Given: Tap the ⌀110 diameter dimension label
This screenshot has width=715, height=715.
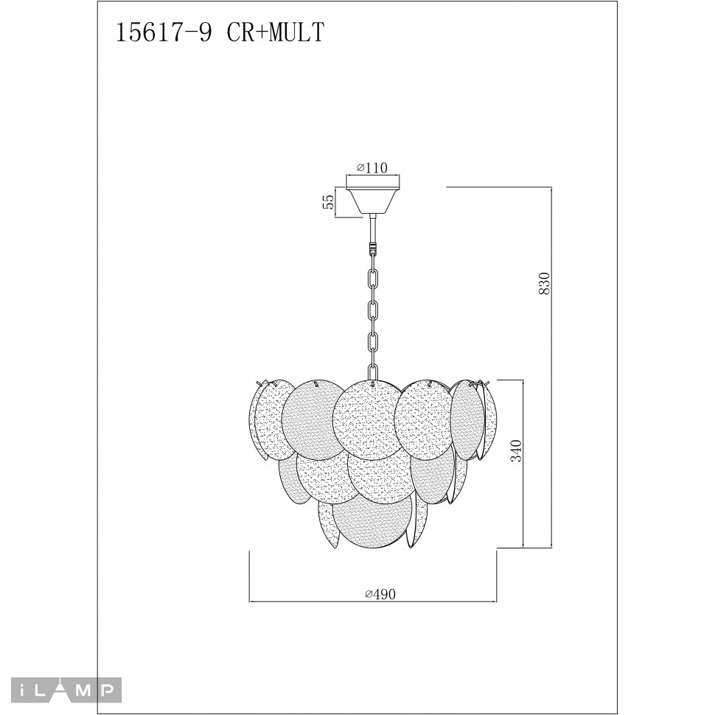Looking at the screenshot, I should [372, 168].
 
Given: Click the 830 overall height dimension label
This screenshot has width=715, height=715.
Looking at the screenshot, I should [545, 283].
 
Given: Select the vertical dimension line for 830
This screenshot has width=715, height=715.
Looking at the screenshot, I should [552, 369].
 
